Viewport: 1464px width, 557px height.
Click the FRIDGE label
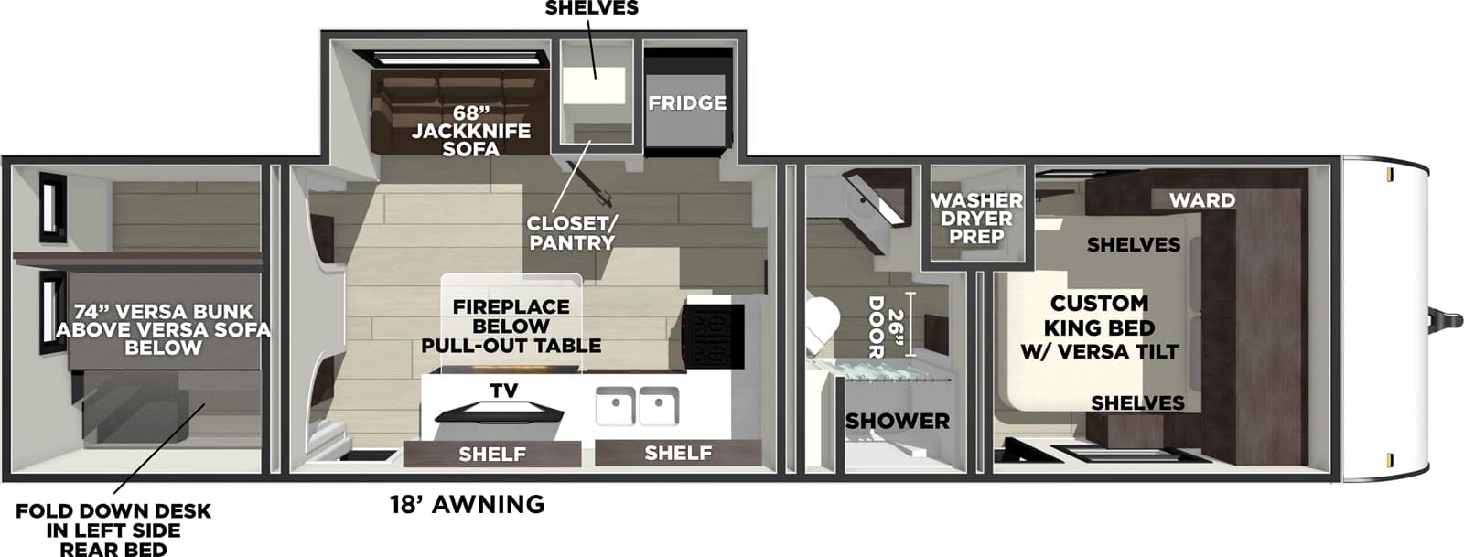pos(687,103)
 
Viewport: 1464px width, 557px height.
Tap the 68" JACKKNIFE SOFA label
pos(470,131)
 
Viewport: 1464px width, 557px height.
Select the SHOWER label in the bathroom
pos(897,421)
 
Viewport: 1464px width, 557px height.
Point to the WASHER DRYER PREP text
pos(976,218)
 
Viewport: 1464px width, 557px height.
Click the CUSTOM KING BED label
pos(1099,327)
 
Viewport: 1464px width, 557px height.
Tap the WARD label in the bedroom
pos(1201,199)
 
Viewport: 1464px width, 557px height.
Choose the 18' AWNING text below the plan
pos(467,504)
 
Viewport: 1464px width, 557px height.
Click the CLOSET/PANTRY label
pos(570,233)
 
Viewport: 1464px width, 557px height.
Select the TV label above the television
pos(503,391)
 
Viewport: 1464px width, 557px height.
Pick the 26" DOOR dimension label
pos(885,327)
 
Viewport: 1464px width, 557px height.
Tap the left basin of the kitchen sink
pos(615,406)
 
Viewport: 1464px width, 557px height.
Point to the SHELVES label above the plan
pos(591,8)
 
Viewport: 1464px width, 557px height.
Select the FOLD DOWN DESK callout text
pos(113,530)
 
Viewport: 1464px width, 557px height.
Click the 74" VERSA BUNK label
pos(163,329)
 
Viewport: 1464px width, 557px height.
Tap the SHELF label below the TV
pos(492,454)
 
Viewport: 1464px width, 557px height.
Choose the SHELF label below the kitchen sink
pos(678,452)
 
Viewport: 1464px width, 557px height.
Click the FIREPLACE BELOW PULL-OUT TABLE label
pos(511,327)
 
